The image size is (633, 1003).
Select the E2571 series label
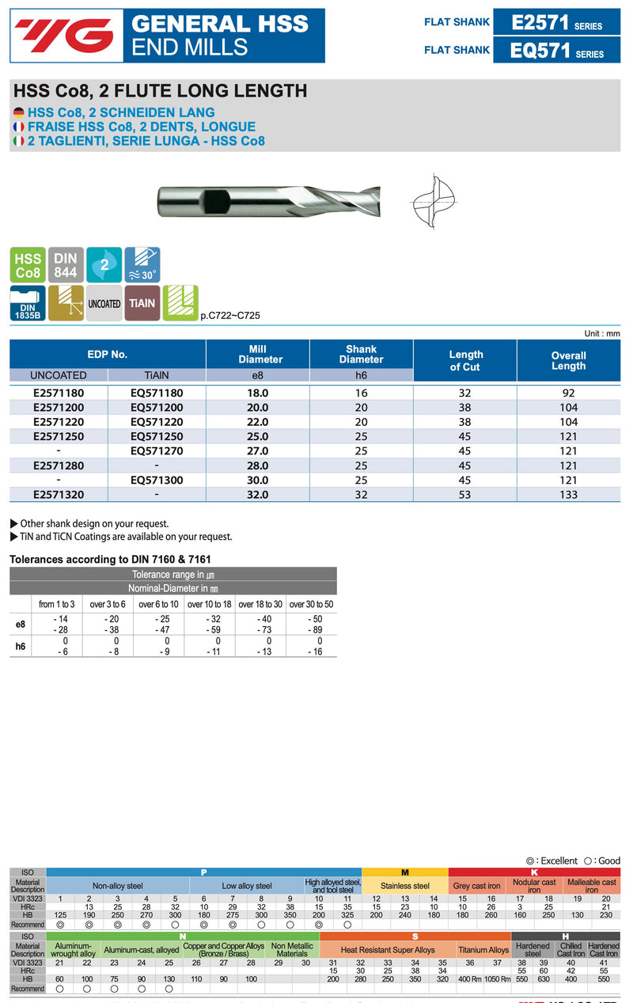556,23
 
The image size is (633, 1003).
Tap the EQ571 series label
556,51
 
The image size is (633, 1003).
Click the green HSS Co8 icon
28,265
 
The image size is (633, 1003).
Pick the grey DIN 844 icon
66,265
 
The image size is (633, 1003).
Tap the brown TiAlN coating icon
142,303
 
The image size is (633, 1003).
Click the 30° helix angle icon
142,265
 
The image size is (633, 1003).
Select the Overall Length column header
568,361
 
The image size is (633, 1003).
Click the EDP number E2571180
59,393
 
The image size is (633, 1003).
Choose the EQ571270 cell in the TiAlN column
157,450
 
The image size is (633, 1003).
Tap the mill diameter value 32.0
258,494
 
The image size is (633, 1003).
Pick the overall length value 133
568,494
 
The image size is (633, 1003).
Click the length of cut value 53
465,494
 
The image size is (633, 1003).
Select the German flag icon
19,113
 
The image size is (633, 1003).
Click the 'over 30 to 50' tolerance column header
311,604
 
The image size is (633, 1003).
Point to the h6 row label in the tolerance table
21,646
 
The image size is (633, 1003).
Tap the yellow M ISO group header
405,872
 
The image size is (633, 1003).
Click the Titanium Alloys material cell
483,950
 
